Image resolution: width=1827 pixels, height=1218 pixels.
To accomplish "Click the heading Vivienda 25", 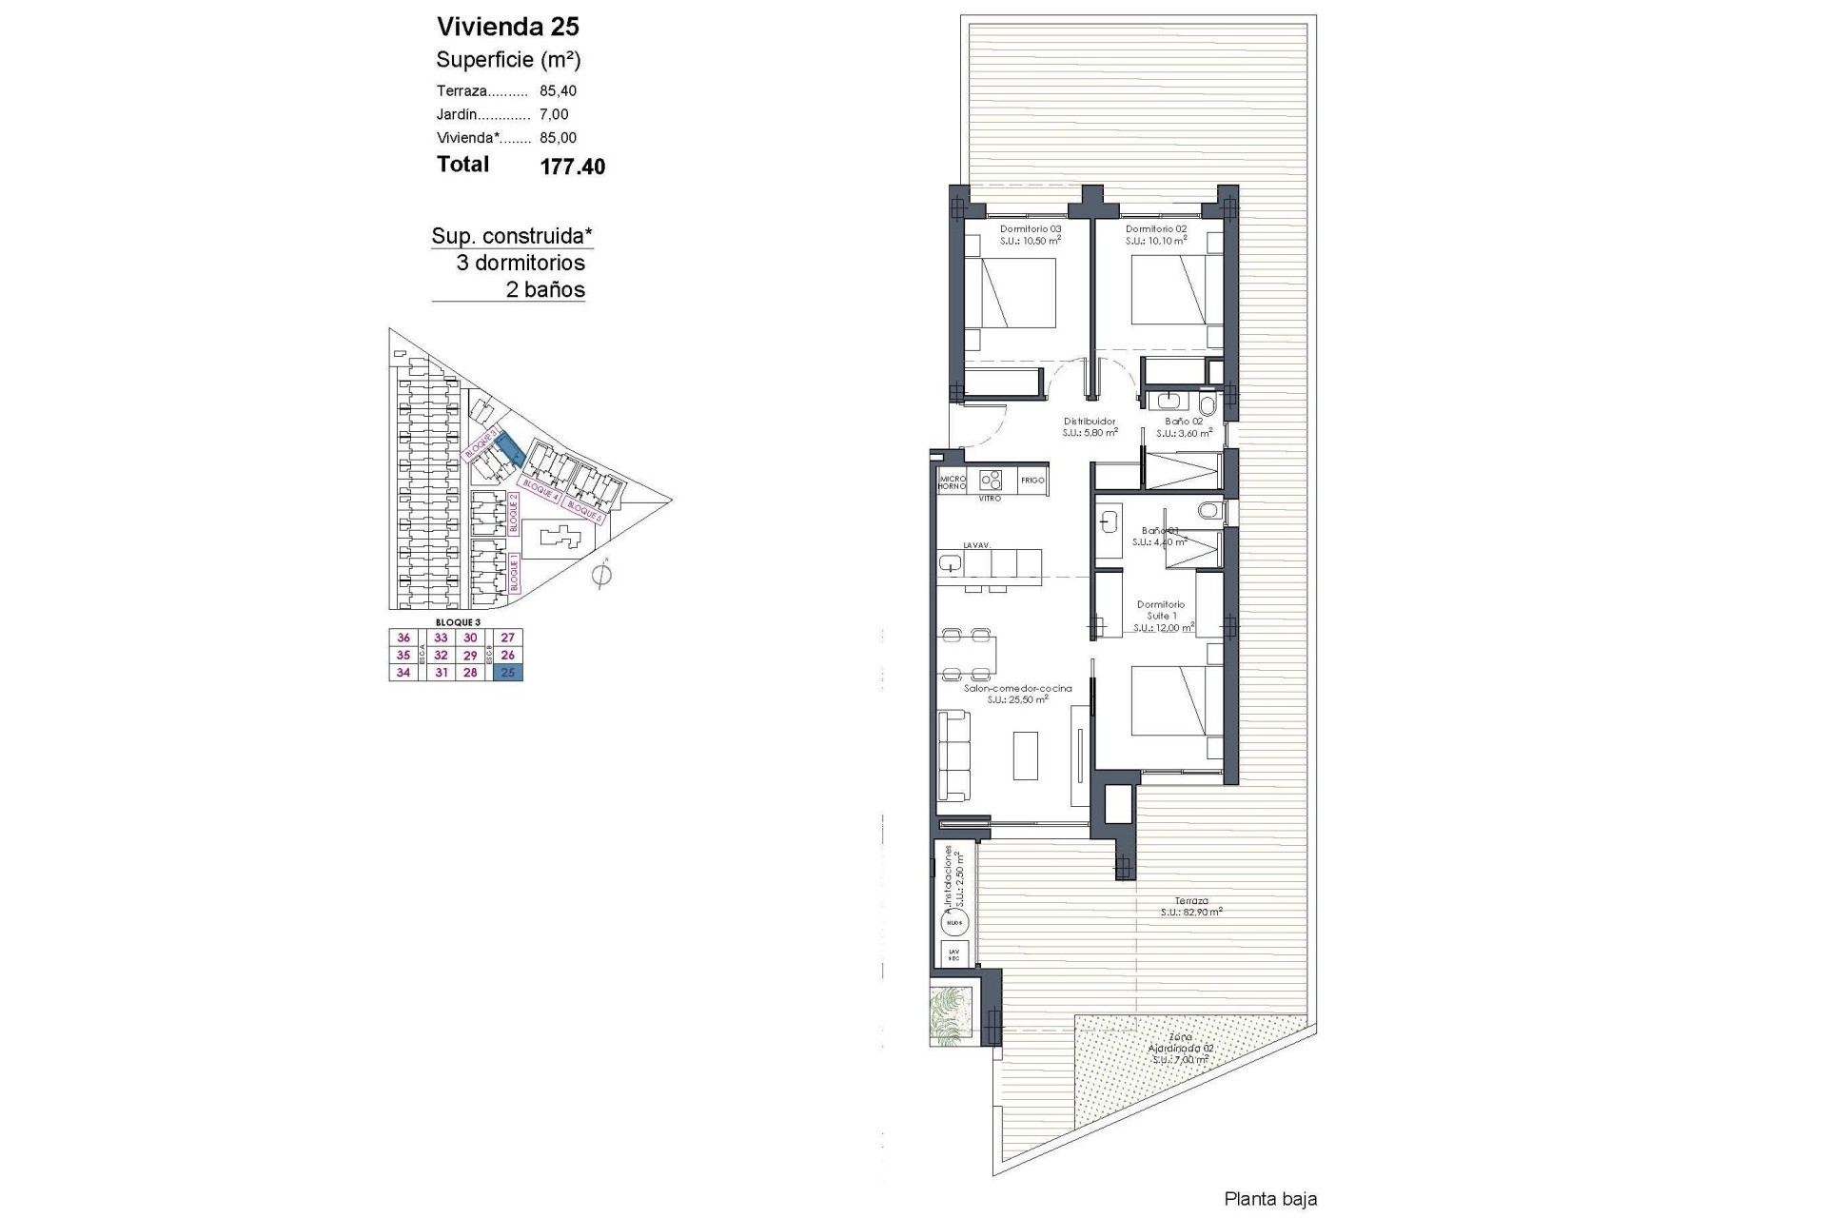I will pos(507,27).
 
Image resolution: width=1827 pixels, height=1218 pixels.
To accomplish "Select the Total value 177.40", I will pos(572,167).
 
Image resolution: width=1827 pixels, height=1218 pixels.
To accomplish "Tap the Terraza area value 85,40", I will pos(558,91).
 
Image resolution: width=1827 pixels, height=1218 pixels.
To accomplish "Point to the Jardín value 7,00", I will pos(554,114).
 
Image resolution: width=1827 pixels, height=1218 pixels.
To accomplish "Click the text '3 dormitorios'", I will pos(521,264).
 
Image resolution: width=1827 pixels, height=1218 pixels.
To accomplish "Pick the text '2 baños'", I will pos(545,290).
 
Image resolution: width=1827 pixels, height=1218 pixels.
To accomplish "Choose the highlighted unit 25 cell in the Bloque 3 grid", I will pos(508,673).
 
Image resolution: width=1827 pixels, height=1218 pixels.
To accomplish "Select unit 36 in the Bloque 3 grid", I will pos(403,638).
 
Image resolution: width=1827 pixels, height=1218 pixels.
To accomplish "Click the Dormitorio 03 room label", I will pos(1030,229).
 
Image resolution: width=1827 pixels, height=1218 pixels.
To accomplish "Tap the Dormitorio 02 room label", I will pos(1155,229).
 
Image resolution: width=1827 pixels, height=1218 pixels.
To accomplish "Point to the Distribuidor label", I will pos(1090,422).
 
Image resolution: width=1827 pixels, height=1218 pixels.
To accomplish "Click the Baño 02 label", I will pos(1184,422).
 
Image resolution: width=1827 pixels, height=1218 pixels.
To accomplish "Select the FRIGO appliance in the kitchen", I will pos(1032,481).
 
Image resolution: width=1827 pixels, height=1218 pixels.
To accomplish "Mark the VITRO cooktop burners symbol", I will pos(990,480).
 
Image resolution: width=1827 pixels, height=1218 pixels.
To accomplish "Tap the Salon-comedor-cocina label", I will pos(1017,689).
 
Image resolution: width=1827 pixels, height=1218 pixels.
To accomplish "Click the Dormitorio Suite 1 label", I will pos(1161,610).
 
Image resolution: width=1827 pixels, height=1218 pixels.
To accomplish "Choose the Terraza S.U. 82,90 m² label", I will pos(1191,906).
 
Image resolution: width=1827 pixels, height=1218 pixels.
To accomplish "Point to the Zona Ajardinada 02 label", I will pos(1183,1048).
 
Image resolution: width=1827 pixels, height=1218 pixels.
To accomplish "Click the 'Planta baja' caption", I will pos(1270,1199).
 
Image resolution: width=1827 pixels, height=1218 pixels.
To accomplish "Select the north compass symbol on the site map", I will pos(600,575).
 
